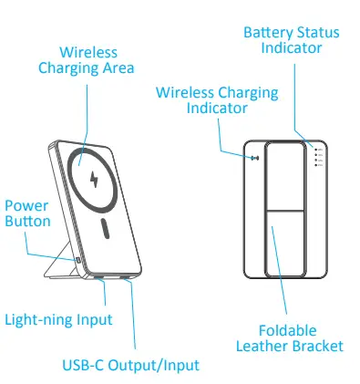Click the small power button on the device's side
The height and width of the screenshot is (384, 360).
pyautogui.click(x=78, y=261)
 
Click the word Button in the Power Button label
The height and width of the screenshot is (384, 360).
pyautogui.click(x=27, y=221)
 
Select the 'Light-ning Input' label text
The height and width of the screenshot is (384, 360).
pyautogui.click(x=58, y=319)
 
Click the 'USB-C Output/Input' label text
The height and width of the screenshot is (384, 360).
pyautogui.click(x=130, y=365)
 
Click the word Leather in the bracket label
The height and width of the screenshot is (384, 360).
pyautogui.click(x=264, y=346)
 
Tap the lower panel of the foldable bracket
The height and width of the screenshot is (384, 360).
pyautogui.click(x=285, y=242)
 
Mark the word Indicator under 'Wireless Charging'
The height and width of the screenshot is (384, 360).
pyautogui.click(x=218, y=108)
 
